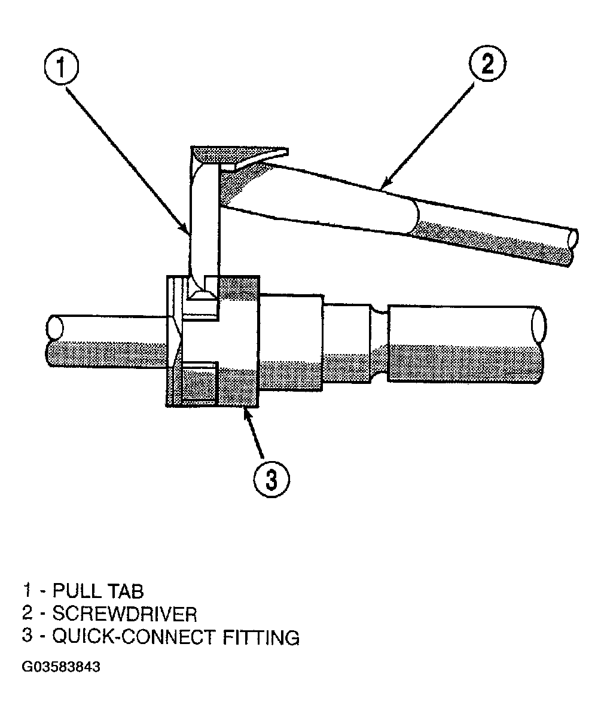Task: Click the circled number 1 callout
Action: [61, 67]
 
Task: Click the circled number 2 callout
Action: [487, 64]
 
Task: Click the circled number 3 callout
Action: [271, 480]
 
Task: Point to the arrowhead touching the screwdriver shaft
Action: [385, 184]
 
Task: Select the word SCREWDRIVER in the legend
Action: [125, 614]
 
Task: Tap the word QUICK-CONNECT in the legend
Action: [135, 637]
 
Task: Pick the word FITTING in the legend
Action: [261, 637]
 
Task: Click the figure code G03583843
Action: [61, 667]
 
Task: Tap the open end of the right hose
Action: [538, 325]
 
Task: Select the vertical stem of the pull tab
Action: [205, 219]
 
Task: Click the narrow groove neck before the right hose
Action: [379, 344]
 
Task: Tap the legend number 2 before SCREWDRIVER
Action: [28, 614]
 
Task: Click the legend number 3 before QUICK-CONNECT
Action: [28, 637]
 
